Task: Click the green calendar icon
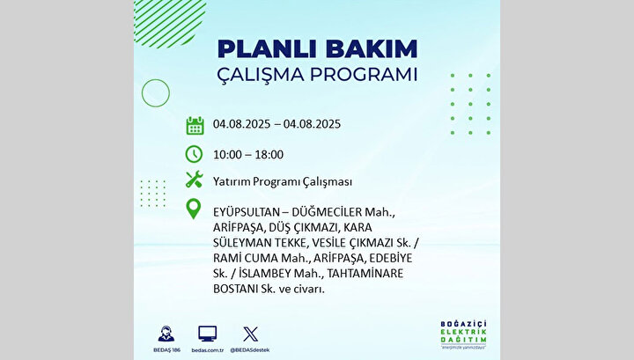(195, 125)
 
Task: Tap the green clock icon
(194, 154)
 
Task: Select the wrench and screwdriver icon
(194, 180)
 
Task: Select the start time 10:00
(227, 155)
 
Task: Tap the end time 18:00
(269, 155)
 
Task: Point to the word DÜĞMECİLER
(327, 212)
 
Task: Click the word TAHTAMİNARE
(365, 274)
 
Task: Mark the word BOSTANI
(235, 290)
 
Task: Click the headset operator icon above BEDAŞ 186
(166, 334)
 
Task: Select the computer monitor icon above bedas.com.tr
(208, 334)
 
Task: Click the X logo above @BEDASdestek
(250, 334)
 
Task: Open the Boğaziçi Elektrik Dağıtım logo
(463, 334)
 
